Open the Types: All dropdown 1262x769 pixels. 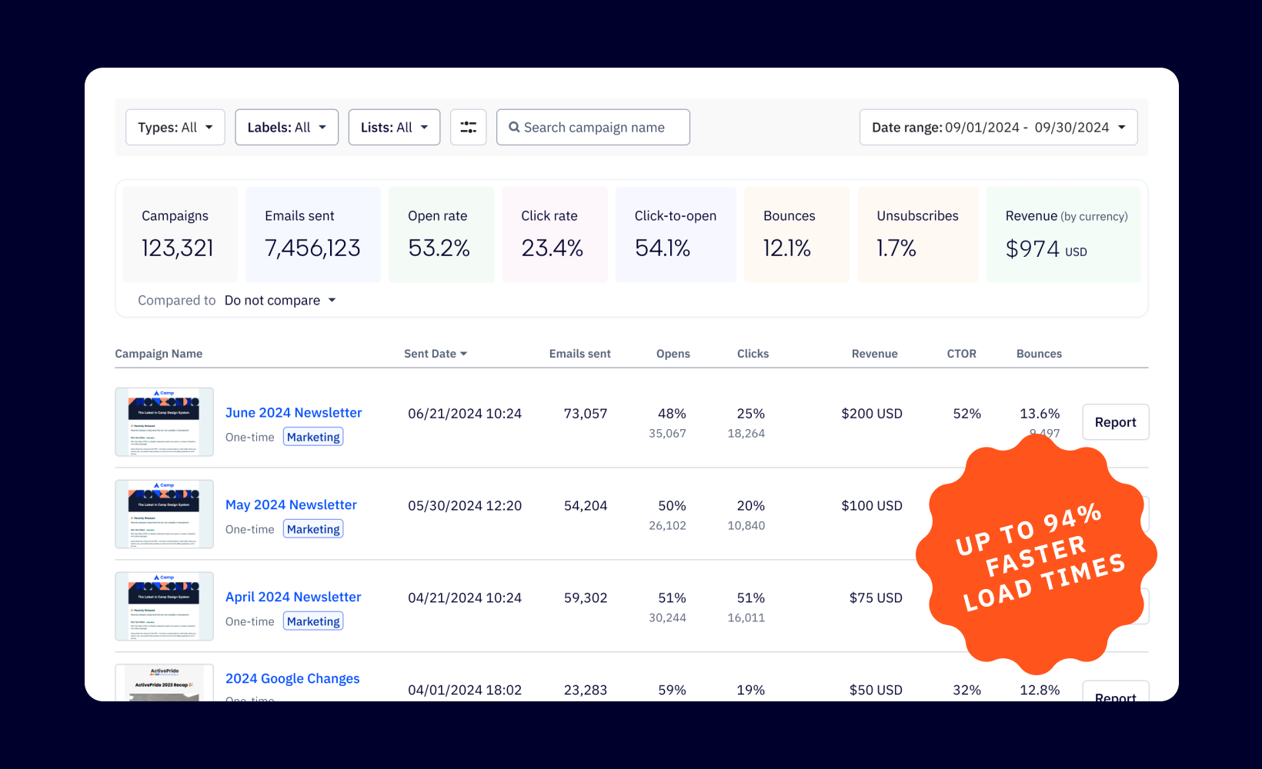175,128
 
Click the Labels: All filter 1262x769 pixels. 286,128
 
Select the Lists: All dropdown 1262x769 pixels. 394,128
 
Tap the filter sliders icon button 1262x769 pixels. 468,128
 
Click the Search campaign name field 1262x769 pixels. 593,128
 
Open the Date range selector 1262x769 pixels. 998,128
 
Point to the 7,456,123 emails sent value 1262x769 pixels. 312,248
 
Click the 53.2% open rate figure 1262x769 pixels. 439,248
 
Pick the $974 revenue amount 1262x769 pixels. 1033,249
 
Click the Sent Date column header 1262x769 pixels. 435,354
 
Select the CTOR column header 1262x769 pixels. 961,354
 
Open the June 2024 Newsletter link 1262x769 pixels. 293,413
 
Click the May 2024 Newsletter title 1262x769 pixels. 291,505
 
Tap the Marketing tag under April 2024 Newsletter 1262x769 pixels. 313,621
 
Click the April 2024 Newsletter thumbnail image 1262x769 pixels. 164,606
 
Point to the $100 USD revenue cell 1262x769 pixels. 871,506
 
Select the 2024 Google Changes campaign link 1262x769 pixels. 292,678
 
